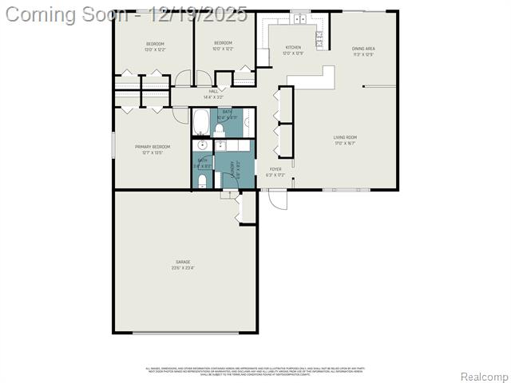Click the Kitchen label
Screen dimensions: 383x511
pos(294,50)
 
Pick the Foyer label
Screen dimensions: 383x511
pos(275,172)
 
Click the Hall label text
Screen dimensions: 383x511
pos(213,94)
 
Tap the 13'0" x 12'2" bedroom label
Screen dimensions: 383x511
pos(154,45)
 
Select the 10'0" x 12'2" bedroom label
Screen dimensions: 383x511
pos(223,45)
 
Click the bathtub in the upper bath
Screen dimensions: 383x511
pos(202,124)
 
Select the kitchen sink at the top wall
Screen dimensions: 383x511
pos(300,19)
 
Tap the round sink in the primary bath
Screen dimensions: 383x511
pos(202,146)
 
